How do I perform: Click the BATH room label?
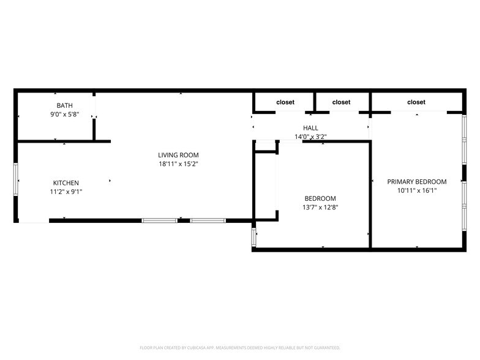[64, 106]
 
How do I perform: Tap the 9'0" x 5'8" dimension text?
[64, 114]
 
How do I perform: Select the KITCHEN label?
[66, 183]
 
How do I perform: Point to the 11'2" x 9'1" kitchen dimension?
[66, 192]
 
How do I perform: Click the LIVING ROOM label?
[178, 156]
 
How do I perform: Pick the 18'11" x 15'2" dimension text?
[178, 164]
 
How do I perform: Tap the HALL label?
[310, 128]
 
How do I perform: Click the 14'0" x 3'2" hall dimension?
[310, 137]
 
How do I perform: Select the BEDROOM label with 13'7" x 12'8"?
[320, 198]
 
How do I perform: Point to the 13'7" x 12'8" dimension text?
[320, 207]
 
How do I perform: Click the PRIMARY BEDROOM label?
[416, 182]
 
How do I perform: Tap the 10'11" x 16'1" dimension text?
[416, 190]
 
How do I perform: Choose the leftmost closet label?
[285, 102]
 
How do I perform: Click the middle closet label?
[341, 102]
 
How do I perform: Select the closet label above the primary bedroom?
[416, 102]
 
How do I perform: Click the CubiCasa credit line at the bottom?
[240, 347]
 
